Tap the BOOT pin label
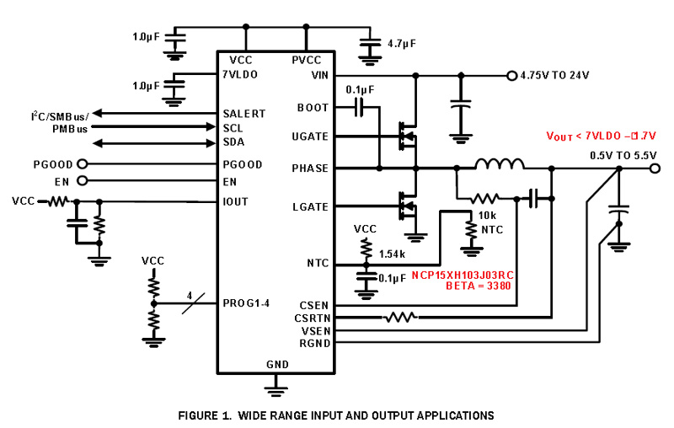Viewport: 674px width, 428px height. pyautogui.click(x=313, y=108)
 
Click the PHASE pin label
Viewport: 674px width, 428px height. pyautogui.click(x=309, y=169)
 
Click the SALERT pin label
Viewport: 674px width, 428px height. pyautogui.click(x=244, y=113)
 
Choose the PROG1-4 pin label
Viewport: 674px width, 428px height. pyautogui.click(x=248, y=302)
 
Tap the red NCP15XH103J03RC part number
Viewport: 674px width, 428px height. pyautogui.click(x=462, y=276)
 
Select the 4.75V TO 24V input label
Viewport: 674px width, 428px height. pyautogui.click(x=555, y=75)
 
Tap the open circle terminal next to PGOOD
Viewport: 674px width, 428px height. pyautogui.click(x=82, y=164)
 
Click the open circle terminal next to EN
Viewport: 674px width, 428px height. pyautogui.click(x=82, y=180)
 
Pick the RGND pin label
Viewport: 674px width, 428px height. pyautogui.click(x=313, y=344)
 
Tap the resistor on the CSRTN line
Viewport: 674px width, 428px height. pyautogui.click(x=399, y=318)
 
